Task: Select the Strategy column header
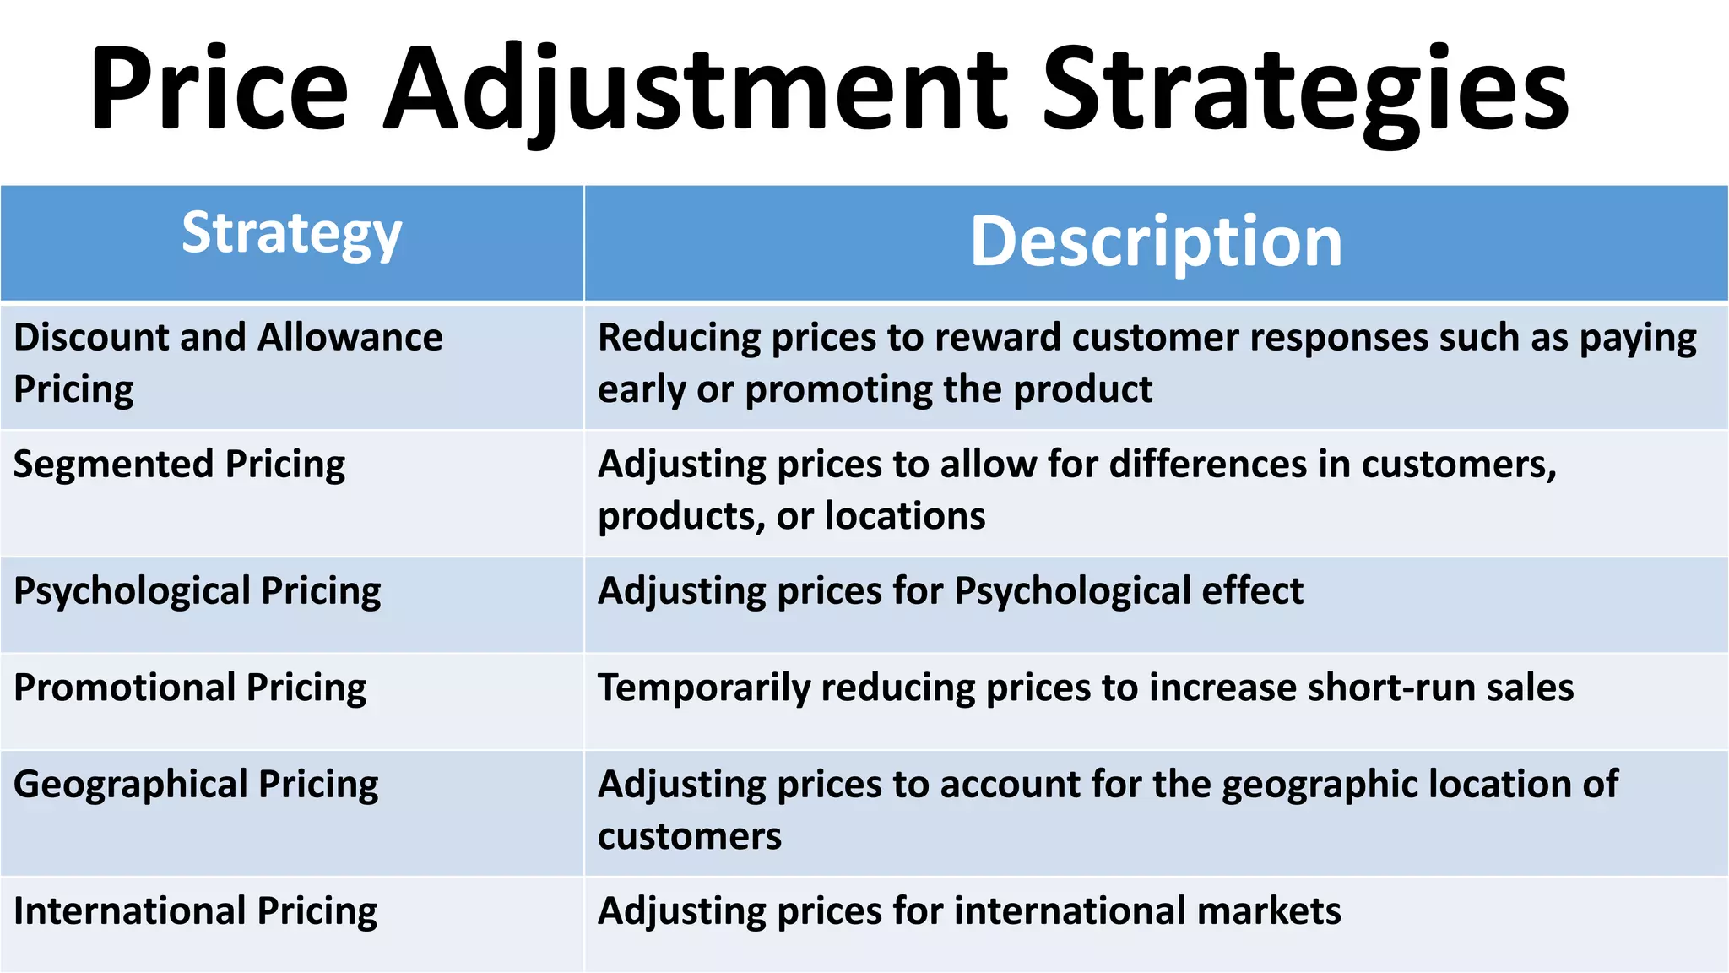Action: pyautogui.click(x=291, y=235)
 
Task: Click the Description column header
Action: pyautogui.click(x=1156, y=242)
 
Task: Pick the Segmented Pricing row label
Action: pyautogui.click(x=179, y=465)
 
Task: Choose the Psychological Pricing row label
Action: pyautogui.click(x=197, y=591)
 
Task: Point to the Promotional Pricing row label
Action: pyautogui.click(x=190, y=688)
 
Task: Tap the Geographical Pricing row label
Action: pyautogui.click(x=196, y=785)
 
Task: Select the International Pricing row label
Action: pyautogui.click(x=195, y=911)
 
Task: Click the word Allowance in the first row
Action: pyautogui.click(x=350, y=338)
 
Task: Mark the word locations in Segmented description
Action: pyautogui.click(x=904, y=516)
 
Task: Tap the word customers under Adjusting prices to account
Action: pyautogui.click(x=690, y=837)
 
